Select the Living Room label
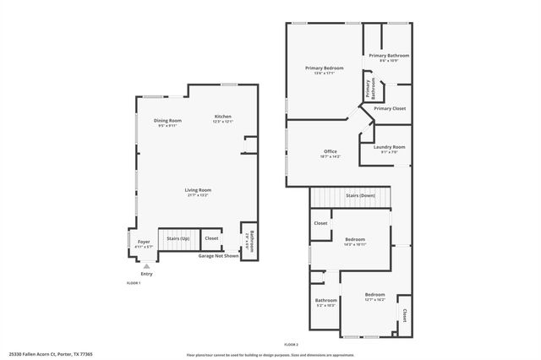point(198,192)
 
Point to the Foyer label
point(144,243)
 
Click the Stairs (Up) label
point(178,239)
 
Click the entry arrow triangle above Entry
point(146,265)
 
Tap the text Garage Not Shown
point(217,255)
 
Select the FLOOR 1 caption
point(134,282)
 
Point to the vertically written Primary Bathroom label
point(369,88)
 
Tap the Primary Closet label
point(390,109)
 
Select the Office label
point(331,153)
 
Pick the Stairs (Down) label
point(361,195)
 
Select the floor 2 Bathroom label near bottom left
point(326,302)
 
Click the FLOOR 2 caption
point(292,345)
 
